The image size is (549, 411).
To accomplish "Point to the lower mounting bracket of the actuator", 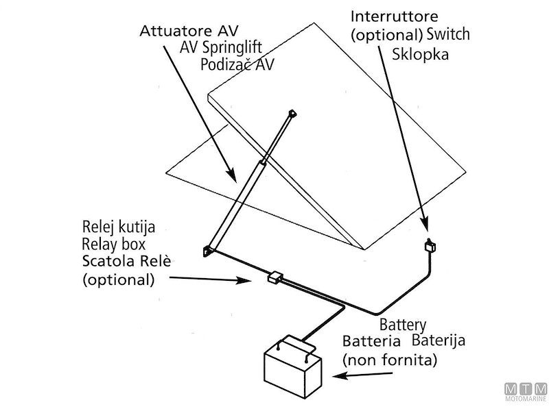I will [207, 253].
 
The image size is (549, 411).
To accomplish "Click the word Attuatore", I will [171, 32].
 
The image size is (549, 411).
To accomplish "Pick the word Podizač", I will [224, 65].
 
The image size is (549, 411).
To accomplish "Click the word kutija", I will [131, 227].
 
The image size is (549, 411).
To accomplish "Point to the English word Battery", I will [403, 324].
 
